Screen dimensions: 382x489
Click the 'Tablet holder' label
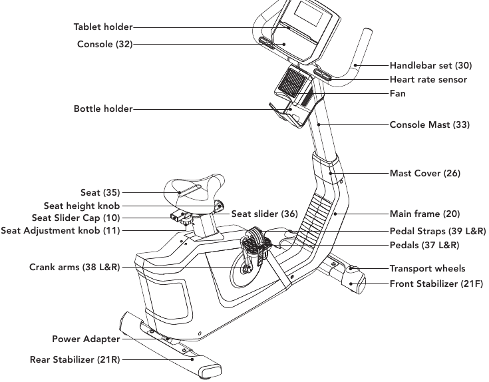103,27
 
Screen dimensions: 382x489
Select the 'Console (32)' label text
104,45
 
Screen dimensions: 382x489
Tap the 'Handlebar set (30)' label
430,66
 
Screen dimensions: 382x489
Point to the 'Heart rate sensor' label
428,80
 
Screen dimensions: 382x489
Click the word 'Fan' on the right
397,94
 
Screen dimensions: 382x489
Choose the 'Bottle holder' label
103,108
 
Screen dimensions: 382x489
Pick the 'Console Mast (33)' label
429,124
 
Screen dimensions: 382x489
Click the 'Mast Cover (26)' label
424,174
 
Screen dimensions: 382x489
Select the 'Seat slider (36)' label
264,214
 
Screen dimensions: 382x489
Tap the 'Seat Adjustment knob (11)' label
61,231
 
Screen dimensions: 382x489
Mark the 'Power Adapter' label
86,339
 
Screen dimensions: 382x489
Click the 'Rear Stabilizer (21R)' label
75,360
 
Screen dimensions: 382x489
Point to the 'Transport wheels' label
427,269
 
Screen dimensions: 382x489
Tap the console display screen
305,13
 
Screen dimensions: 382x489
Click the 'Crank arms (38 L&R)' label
75,268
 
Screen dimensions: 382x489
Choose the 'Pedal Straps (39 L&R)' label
438,231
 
